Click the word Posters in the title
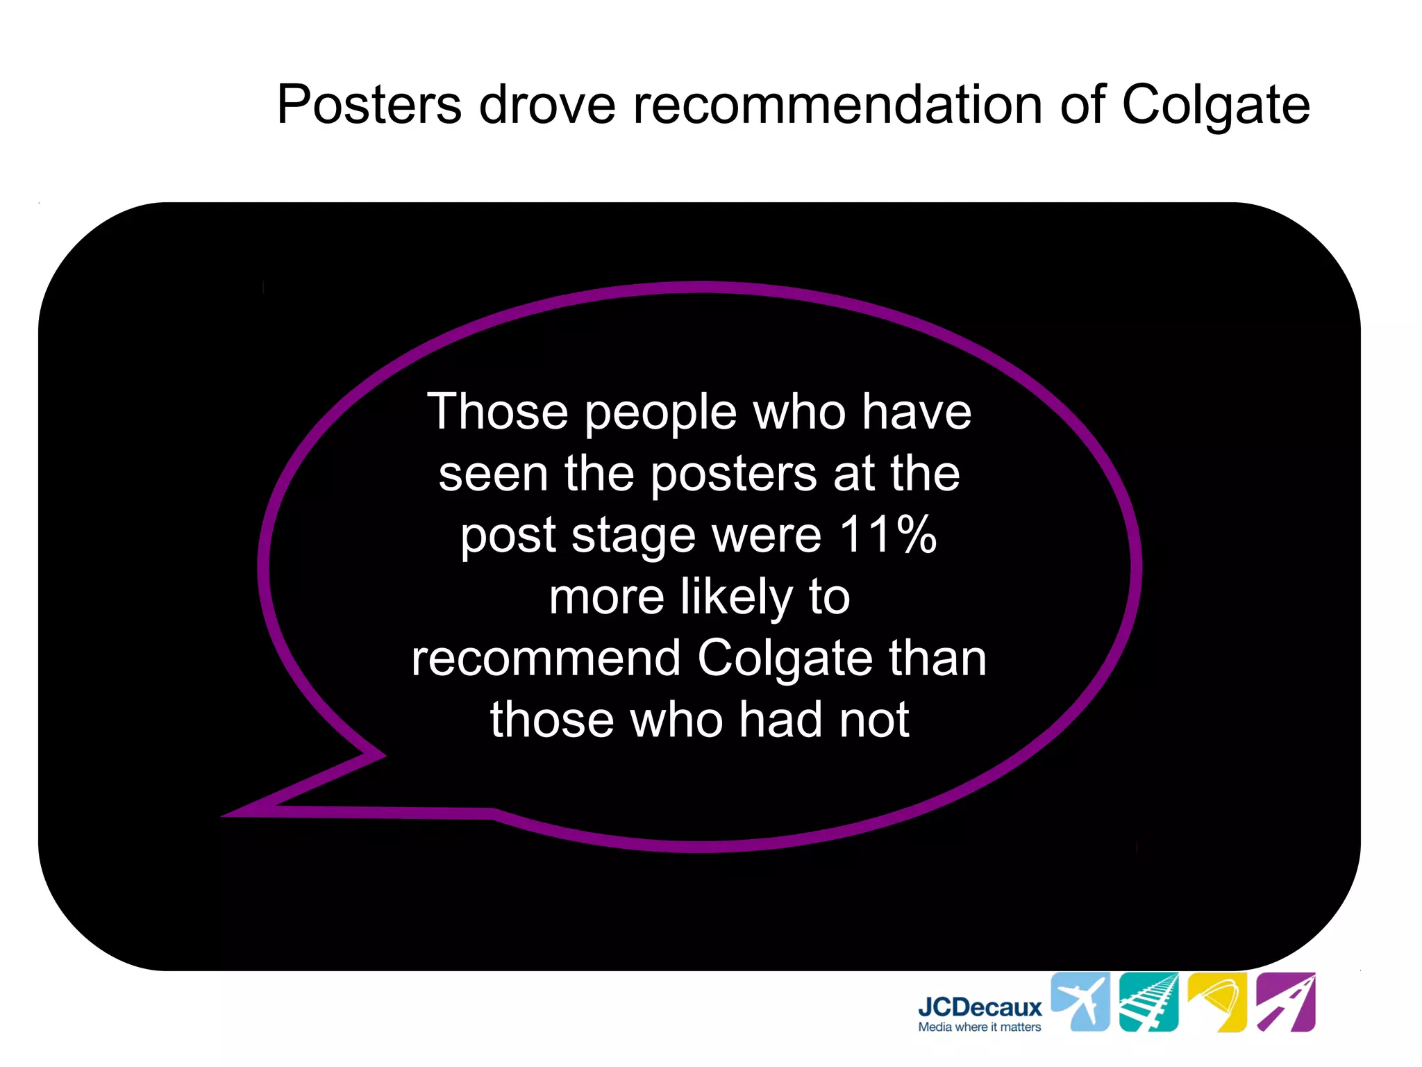pyautogui.click(x=369, y=105)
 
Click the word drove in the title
pyautogui.click(x=547, y=105)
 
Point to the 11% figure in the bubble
pyautogui.click(x=888, y=535)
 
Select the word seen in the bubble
pyautogui.click(x=494, y=474)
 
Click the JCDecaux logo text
pyautogui.click(x=980, y=1007)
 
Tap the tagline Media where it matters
pyautogui.click(x=980, y=1027)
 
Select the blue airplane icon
pyautogui.click(x=1080, y=1002)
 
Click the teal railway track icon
pyautogui.click(x=1148, y=1002)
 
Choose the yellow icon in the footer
pyautogui.click(x=1217, y=1002)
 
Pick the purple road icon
pyautogui.click(x=1285, y=1002)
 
